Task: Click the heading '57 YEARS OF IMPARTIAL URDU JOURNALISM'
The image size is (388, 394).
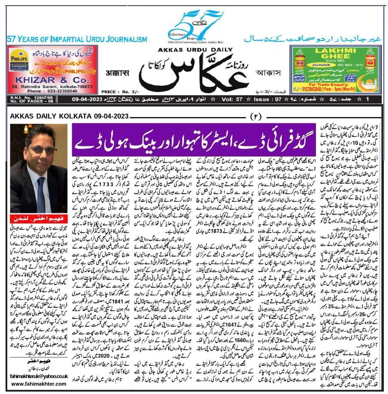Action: tap(77, 39)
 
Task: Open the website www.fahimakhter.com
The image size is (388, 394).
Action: tap(39, 384)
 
